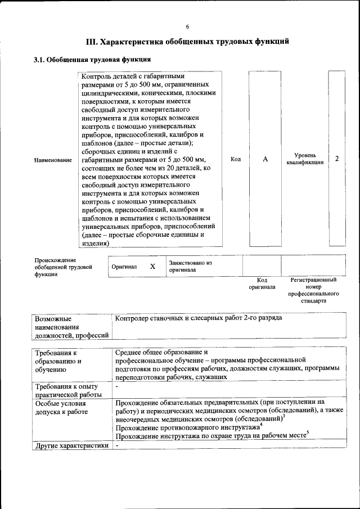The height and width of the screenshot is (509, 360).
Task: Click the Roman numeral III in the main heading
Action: [x=91, y=42]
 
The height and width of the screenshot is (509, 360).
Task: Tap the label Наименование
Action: [x=53, y=160]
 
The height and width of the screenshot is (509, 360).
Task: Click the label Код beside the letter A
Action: [x=236, y=159]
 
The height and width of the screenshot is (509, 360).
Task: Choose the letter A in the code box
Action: [x=265, y=159]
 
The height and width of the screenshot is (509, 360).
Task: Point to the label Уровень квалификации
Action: [x=304, y=159]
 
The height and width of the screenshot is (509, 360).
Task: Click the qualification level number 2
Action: [x=336, y=159]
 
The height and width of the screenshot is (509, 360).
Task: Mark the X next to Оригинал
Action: [x=152, y=266]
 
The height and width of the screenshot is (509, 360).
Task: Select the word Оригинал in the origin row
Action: [x=124, y=267]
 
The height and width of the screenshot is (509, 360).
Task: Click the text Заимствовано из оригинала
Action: [x=190, y=266]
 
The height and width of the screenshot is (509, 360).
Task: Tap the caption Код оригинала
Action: [x=262, y=283]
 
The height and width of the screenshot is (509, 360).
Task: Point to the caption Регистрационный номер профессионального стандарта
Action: [x=313, y=290]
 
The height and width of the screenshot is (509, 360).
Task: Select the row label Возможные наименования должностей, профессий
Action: [x=71, y=327]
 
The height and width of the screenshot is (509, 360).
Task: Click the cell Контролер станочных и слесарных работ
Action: [x=198, y=318]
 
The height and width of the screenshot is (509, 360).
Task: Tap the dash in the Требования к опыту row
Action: [x=117, y=387]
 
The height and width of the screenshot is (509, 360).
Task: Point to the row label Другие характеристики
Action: [x=71, y=445]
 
